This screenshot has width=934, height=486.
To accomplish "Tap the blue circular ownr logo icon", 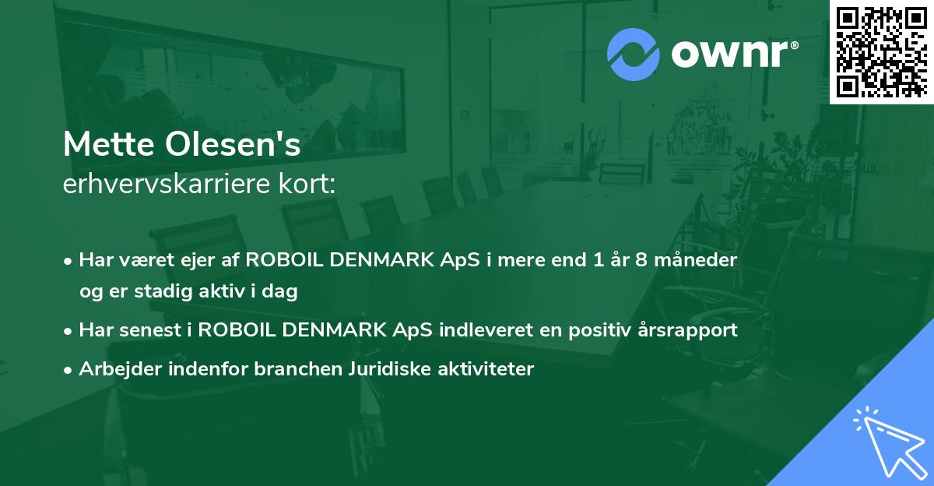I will click(x=633, y=54).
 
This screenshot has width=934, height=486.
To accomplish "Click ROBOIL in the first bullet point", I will click(x=283, y=260).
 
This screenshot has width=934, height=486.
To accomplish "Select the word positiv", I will click(x=605, y=330).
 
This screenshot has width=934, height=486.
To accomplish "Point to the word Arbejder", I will click(x=114, y=369).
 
